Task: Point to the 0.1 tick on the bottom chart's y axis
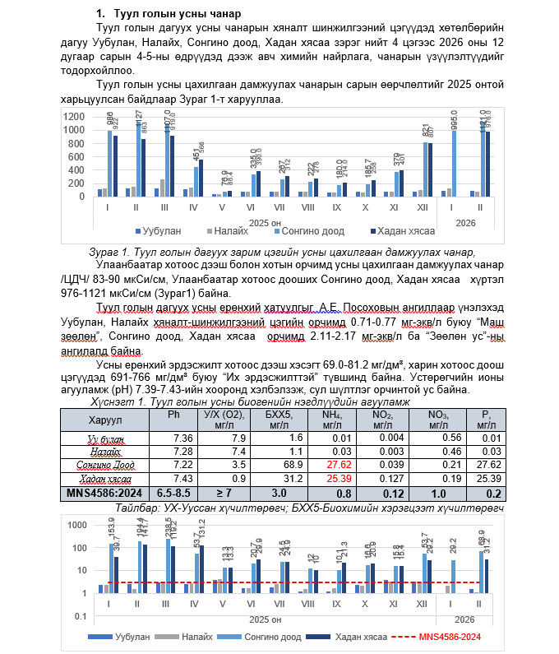(81, 616)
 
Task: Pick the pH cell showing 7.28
(182, 452)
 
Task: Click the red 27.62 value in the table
(333, 465)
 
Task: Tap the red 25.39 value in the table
(333, 478)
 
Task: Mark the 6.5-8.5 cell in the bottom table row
(173, 492)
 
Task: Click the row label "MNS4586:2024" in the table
(101, 492)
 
